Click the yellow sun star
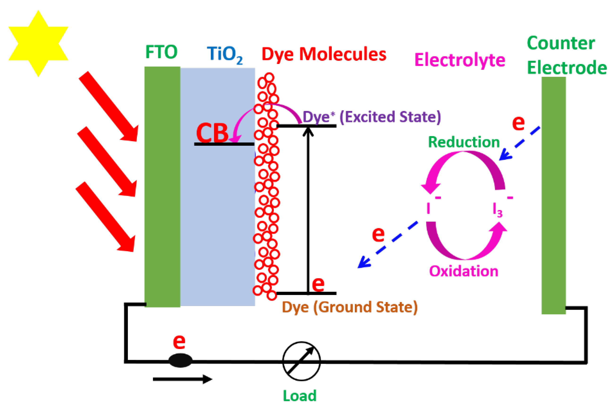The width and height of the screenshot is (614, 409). [38, 43]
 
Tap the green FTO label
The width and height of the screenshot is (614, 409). [161, 52]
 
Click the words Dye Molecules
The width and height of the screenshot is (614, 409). [324, 55]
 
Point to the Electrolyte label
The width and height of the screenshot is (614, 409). [460, 60]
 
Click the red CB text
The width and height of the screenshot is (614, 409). [212, 133]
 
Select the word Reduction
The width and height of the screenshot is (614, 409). [464, 142]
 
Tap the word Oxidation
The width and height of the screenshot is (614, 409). [464, 271]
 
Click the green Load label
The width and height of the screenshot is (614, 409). [300, 396]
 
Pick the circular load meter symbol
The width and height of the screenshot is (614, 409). [301, 361]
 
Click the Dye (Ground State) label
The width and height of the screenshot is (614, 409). [350, 307]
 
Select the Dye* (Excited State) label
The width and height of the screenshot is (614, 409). [372, 117]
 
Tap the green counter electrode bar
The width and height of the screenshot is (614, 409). [553, 196]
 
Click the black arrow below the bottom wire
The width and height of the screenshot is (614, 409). [182, 379]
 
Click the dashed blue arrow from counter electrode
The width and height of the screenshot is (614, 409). [519, 144]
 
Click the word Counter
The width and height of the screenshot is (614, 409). [561, 43]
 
